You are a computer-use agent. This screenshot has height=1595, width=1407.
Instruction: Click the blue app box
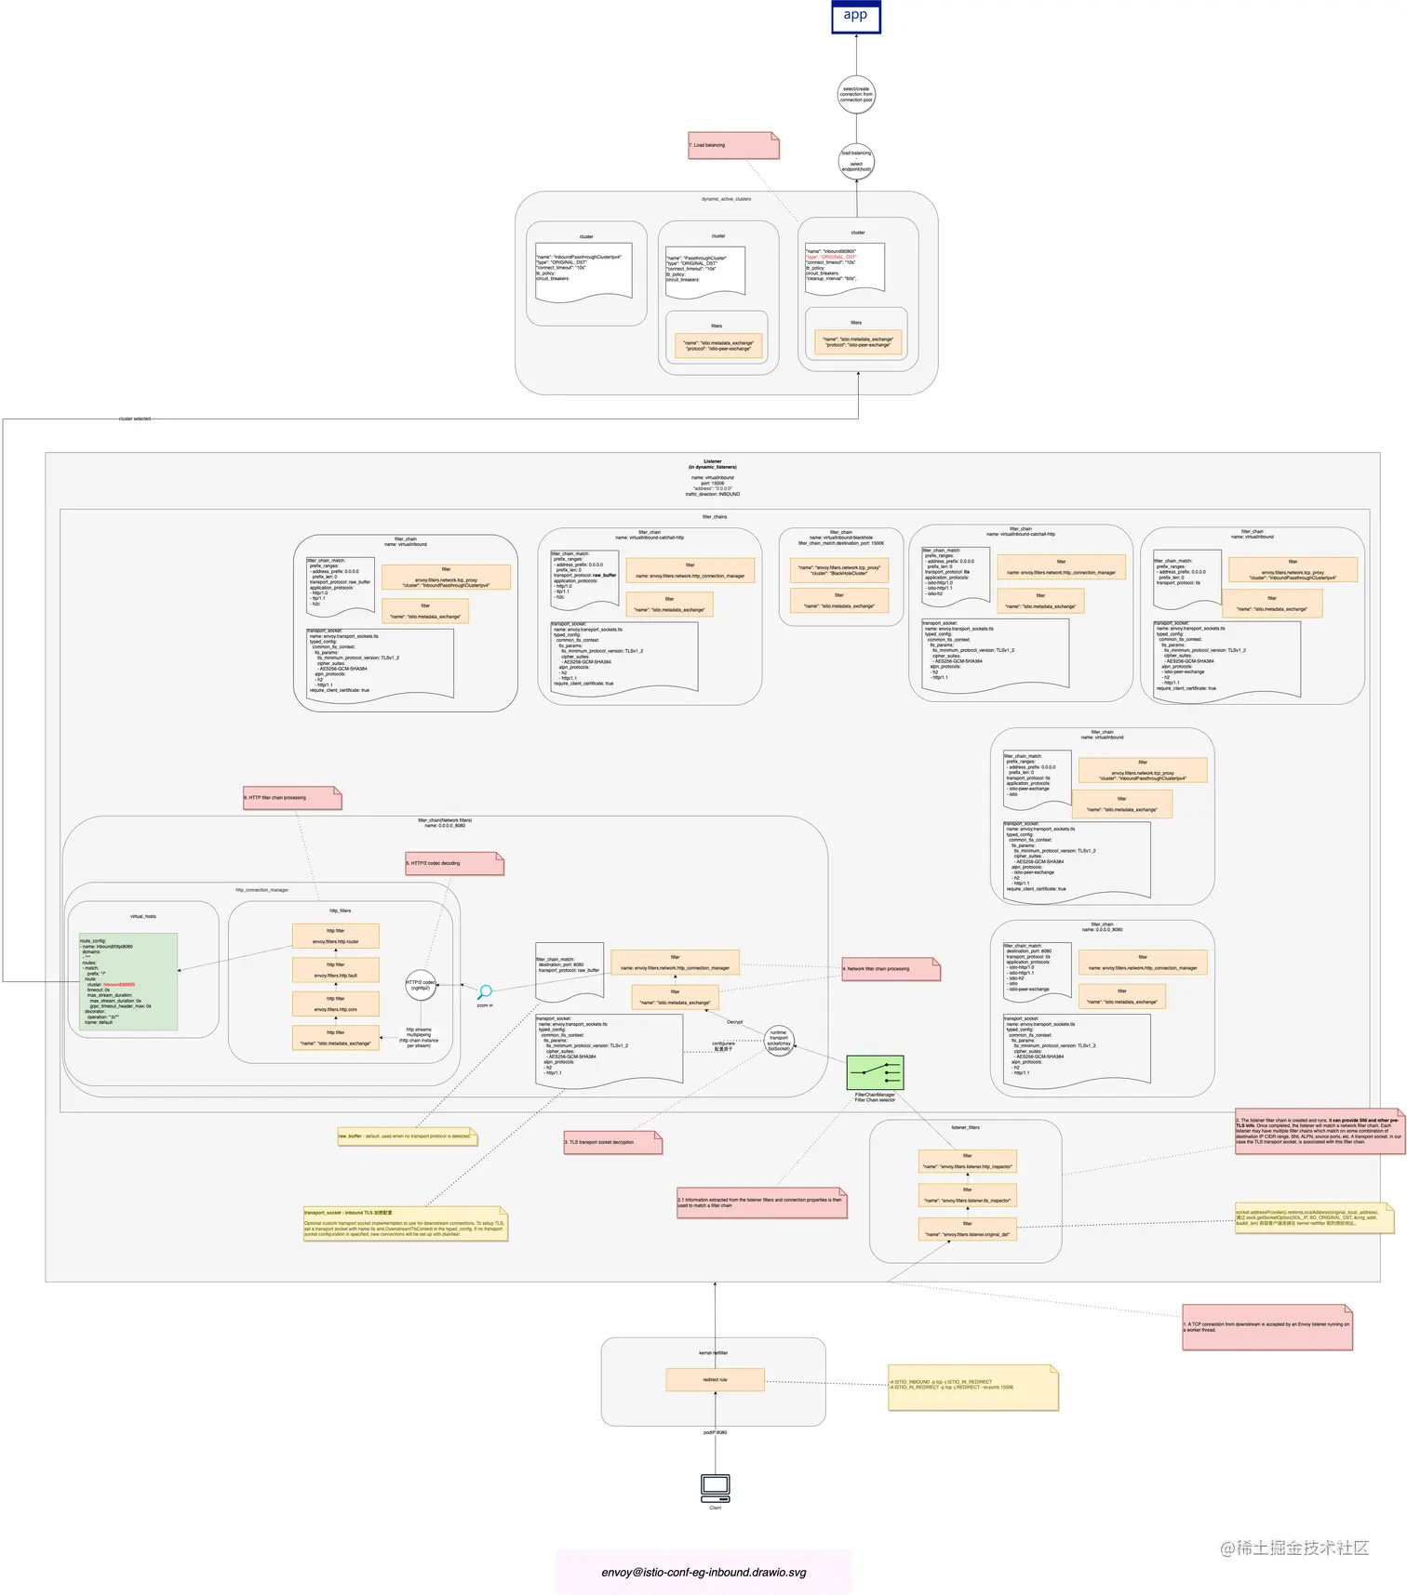[855, 17]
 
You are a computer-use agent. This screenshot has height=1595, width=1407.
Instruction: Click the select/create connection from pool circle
[856, 95]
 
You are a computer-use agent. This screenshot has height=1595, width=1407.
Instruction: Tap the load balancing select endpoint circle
[856, 162]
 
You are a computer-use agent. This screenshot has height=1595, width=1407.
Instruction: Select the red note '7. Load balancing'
[732, 145]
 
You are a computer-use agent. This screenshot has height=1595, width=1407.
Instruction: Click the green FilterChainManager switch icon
[875, 1072]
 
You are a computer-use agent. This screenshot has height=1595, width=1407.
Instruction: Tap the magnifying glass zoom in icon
[485, 992]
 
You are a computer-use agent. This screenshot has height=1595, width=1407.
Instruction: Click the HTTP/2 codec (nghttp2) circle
[421, 985]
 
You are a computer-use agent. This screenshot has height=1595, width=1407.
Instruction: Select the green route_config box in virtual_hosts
[128, 982]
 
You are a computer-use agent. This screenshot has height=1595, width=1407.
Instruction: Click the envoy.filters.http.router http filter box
[336, 936]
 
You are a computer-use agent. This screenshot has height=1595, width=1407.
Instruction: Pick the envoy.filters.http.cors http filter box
[336, 1004]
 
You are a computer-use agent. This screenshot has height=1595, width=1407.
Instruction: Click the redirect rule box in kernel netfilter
[715, 1379]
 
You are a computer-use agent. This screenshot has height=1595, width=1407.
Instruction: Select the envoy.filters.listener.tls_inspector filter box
[967, 1195]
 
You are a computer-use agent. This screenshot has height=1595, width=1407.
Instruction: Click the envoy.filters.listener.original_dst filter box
[967, 1229]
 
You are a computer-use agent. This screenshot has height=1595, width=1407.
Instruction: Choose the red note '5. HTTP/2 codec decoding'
[453, 863]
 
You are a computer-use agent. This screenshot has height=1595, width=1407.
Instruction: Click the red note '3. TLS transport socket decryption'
[612, 1142]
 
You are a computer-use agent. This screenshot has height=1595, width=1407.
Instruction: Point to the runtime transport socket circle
[779, 1041]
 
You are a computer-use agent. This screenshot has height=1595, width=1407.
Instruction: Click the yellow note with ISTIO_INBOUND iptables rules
[972, 1387]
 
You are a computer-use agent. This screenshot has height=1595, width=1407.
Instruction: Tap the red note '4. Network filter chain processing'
[891, 969]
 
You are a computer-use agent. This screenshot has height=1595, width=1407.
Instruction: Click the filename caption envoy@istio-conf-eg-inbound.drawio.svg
[703, 1572]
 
